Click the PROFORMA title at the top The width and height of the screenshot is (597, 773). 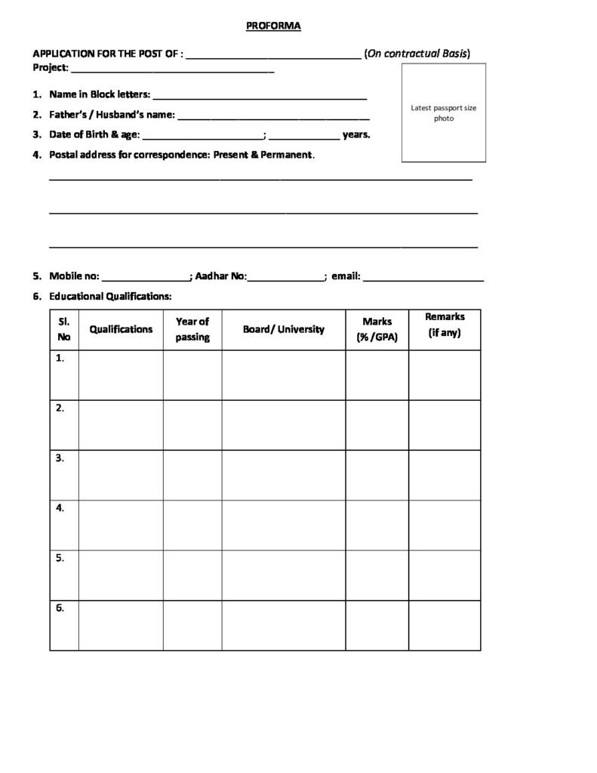(x=273, y=26)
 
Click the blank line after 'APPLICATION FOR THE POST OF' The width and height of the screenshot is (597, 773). (x=273, y=55)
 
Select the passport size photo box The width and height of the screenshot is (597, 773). (x=443, y=113)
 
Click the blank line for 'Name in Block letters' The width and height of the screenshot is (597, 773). (x=260, y=97)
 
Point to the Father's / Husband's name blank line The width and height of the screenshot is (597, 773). (x=273, y=118)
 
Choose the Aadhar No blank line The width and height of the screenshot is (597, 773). (x=285, y=279)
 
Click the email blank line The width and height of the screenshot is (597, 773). (x=423, y=279)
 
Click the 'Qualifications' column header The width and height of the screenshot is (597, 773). (x=121, y=329)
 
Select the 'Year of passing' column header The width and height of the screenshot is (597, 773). (x=192, y=329)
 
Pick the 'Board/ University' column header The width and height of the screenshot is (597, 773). (x=284, y=329)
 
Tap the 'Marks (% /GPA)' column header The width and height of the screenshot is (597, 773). (x=377, y=329)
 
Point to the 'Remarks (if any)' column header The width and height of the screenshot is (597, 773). (x=445, y=325)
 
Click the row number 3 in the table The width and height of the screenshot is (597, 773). (x=60, y=457)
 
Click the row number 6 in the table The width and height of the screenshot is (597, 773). (x=60, y=608)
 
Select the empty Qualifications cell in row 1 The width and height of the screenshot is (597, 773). (x=121, y=374)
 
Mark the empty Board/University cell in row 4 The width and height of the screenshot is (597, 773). (x=284, y=525)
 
